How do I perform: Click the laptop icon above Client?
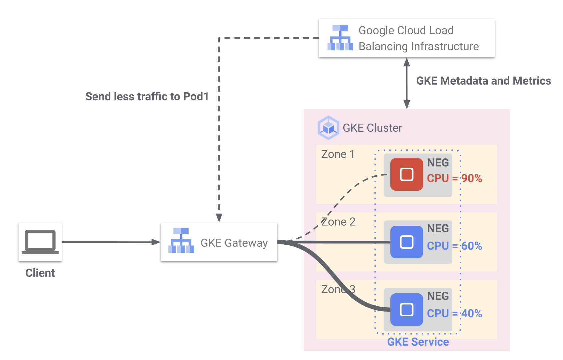pyautogui.click(x=40, y=242)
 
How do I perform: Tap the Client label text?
pyautogui.click(x=40, y=273)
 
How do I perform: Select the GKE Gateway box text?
pyautogui.click(x=234, y=243)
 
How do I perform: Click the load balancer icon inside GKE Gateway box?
pyautogui.click(x=181, y=241)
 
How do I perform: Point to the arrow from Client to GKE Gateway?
pyautogui.click(x=110, y=242)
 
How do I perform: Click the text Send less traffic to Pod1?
pyautogui.click(x=147, y=97)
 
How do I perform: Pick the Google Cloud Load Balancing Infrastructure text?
pyautogui.click(x=418, y=38)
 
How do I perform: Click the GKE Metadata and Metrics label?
pyautogui.click(x=483, y=81)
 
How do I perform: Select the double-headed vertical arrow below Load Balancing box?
pyautogui.click(x=407, y=83)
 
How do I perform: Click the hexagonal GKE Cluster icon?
pyautogui.click(x=328, y=128)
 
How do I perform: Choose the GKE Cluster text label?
pyautogui.click(x=372, y=128)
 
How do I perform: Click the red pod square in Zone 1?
pyautogui.click(x=407, y=174)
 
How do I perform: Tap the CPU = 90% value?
pyautogui.click(x=454, y=178)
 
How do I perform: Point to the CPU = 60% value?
pyautogui.click(x=454, y=246)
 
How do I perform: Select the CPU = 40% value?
pyautogui.click(x=454, y=314)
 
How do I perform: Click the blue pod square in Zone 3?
pyautogui.click(x=407, y=310)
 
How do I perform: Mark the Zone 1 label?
pyautogui.click(x=338, y=154)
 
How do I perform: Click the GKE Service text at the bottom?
pyautogui.click(x=418, y=342)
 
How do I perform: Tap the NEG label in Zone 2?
pyautogui.click(x=438, y=229)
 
